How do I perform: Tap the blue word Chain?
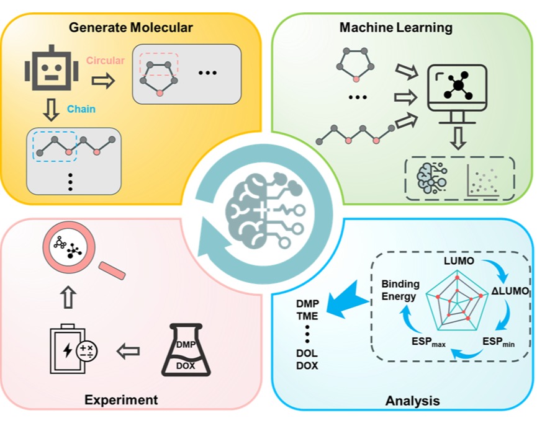[81, 109]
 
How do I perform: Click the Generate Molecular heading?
[131, 27]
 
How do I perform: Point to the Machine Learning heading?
[395, 27]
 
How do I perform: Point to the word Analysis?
[412, 400]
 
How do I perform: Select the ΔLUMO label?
[509, 291]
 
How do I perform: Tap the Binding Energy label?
[400, 290]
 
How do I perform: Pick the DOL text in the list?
[307, 353]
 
